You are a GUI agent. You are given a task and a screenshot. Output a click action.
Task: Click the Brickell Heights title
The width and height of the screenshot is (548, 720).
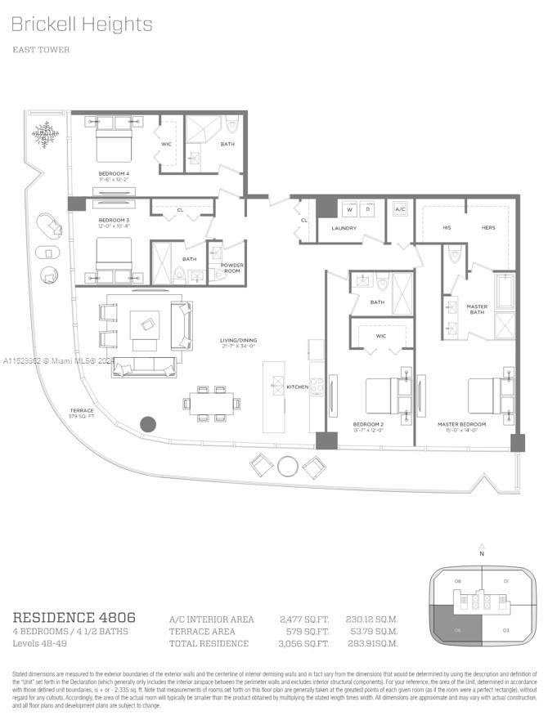point(82,25)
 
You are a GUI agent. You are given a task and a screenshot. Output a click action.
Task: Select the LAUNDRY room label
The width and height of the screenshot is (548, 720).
point(344,228)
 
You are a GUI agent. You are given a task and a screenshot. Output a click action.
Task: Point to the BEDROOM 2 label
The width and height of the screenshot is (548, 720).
point(367,424)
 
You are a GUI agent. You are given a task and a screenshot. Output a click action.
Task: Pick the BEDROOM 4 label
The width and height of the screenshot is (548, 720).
point(114,173)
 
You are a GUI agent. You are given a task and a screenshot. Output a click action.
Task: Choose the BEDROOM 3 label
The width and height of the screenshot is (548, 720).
point(114,221)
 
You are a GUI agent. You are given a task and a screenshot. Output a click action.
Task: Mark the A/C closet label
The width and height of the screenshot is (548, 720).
point(400,209)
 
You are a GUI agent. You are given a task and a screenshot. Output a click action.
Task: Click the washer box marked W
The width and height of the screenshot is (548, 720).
point(348,209)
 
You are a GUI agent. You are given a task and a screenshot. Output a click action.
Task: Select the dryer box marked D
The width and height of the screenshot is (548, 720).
point(367,209)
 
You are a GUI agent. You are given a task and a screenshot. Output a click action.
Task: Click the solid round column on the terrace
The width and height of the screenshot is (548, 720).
point(148,424)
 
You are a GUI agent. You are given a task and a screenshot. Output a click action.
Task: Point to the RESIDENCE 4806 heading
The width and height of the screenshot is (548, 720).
point(74,617)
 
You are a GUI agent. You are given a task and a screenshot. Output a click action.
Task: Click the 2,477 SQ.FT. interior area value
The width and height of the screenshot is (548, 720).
point(305,619)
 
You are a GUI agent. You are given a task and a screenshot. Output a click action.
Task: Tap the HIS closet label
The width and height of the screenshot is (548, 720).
point(446,228)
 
